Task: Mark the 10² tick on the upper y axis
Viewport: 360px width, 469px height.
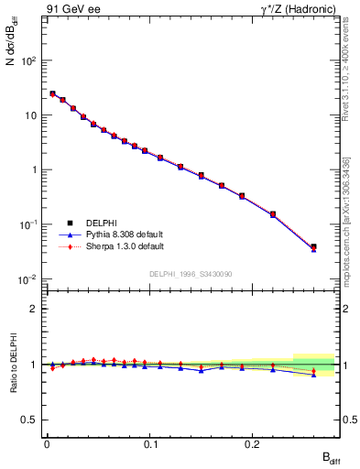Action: [29, 60]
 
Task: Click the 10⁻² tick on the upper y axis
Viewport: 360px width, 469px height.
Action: [29, 278]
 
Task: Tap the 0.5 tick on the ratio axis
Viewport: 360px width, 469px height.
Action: [31, 420]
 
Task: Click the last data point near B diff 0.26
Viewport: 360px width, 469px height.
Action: [313, 246]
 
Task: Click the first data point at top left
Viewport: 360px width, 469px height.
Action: [52, 93]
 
